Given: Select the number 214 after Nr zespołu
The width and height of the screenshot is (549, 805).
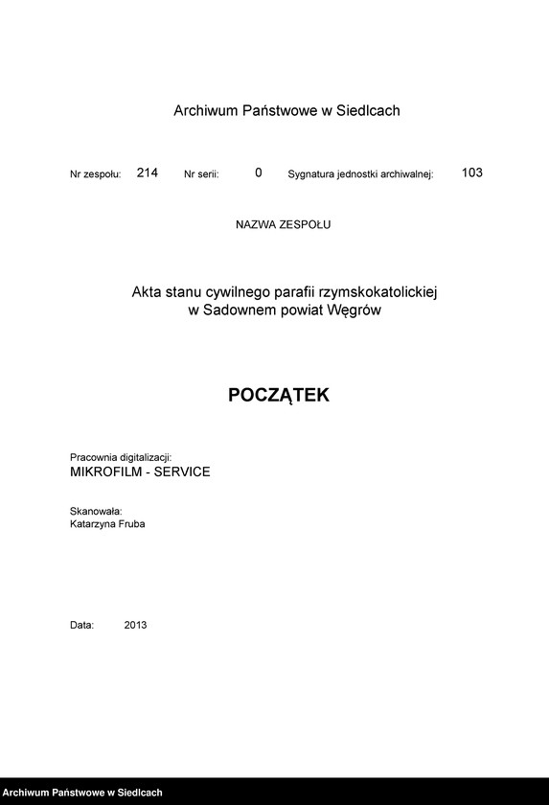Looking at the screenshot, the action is (148, 173).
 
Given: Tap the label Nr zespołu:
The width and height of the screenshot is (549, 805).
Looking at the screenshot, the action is (96, 174).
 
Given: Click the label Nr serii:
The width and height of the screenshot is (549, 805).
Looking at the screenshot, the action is (201, 174).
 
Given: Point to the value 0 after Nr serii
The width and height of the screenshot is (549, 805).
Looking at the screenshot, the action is (259, 173).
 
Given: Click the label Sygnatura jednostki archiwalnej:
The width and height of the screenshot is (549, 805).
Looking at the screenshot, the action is (361, 174).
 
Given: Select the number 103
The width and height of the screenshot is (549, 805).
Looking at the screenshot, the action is (471, 173).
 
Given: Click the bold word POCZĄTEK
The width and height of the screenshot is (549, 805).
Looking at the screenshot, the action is (279, 395).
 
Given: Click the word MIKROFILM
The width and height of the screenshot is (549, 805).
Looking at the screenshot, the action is (104, 472).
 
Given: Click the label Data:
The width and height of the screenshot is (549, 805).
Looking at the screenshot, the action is (81, 625).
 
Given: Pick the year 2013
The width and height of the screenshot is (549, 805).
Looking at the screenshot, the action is (135, 625).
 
